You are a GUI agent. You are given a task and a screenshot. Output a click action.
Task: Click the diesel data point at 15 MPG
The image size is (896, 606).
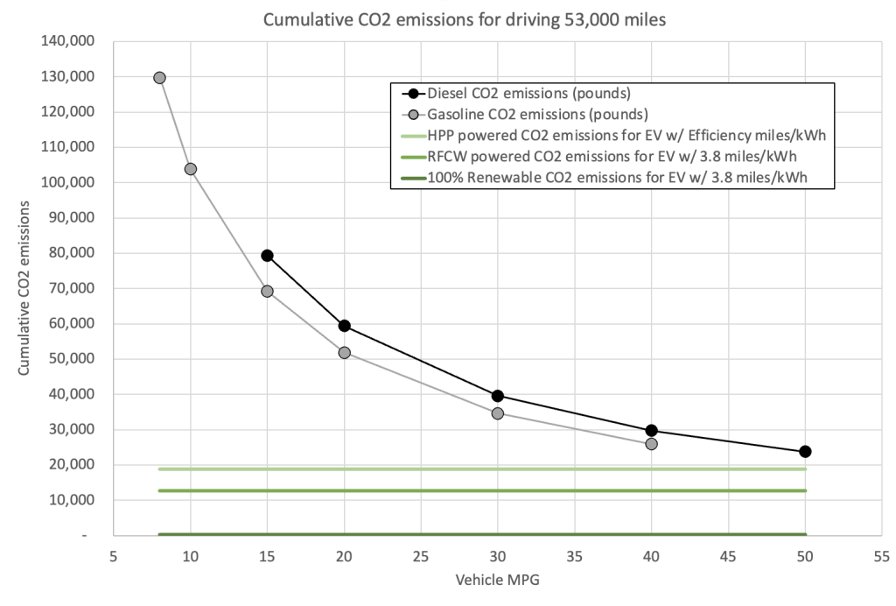[x=267, y=256]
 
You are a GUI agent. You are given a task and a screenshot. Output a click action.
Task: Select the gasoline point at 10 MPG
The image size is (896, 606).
[x=190, y=169]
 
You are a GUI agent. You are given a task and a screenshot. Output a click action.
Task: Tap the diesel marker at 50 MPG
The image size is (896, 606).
[x=805, y=452]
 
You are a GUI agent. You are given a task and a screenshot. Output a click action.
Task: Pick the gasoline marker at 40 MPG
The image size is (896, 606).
[x=651, y=444]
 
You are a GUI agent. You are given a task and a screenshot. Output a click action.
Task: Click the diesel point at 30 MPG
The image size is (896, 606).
[x=498, y=396]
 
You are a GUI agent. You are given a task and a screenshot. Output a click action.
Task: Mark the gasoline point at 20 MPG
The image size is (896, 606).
[x=344, y=353]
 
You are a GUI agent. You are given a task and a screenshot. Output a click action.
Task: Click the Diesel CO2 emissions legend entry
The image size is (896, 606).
[x=516, y=93]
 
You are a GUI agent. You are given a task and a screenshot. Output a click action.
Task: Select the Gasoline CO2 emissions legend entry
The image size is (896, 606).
[x=525, y=115]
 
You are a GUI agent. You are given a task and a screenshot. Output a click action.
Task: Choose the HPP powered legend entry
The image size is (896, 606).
[x=613, y=136]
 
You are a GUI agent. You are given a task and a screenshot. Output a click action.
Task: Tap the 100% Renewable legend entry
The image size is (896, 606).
[x=605, y=178]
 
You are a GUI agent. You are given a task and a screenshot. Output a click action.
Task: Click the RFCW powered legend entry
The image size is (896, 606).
[x=598, y=157]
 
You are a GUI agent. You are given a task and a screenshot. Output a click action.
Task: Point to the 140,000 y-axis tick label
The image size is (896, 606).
[x=68, y=41]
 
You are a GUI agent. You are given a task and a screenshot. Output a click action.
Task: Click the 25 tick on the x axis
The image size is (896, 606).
[x=421, y=556]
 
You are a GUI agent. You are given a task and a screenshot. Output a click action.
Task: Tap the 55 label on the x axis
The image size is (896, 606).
[x=882, y=556]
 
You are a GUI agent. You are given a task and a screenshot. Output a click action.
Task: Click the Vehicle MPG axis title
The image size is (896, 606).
[x=498, y=580]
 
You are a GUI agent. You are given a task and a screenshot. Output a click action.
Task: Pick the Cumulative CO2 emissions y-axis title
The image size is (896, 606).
[x=24, y=288]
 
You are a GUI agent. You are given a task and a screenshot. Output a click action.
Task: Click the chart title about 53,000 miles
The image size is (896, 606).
[x=465, y=20]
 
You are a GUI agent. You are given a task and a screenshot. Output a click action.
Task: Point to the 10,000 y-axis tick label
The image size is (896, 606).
[x=72, y=500]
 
